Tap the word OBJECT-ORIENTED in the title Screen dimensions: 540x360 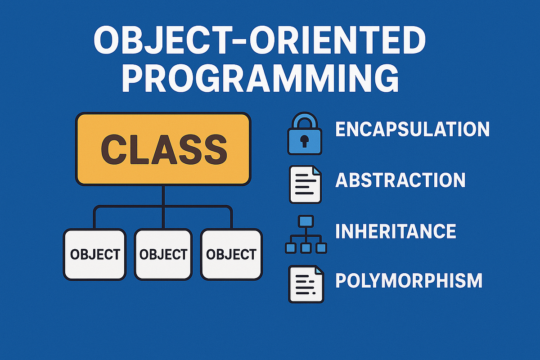click(259, 40)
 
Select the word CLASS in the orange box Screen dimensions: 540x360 click(164, 149)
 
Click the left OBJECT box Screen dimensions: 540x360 click(95, 254)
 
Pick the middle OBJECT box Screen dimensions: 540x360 click(163, 254)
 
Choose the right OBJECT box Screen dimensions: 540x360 click(231, 254)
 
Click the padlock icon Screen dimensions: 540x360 click(305, 133)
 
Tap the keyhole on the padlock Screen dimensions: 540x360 click(305, 141)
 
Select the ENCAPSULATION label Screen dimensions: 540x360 click(413, 129)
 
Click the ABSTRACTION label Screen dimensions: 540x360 click(400, 180)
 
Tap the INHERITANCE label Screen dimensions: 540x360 click(396, 231)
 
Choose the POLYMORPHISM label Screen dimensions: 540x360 click(409, 280)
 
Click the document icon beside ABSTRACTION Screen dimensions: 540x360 click(305, 184)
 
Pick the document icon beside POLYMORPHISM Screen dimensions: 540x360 click(306, 284)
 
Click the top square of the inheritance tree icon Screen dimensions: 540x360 click(306, 221)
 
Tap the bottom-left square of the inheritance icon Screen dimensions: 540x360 click(290, 248)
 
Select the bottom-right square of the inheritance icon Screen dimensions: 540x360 click(321, 248)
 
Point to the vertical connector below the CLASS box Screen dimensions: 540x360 click(163, 207)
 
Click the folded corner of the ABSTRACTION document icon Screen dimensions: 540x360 click(317, 170)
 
